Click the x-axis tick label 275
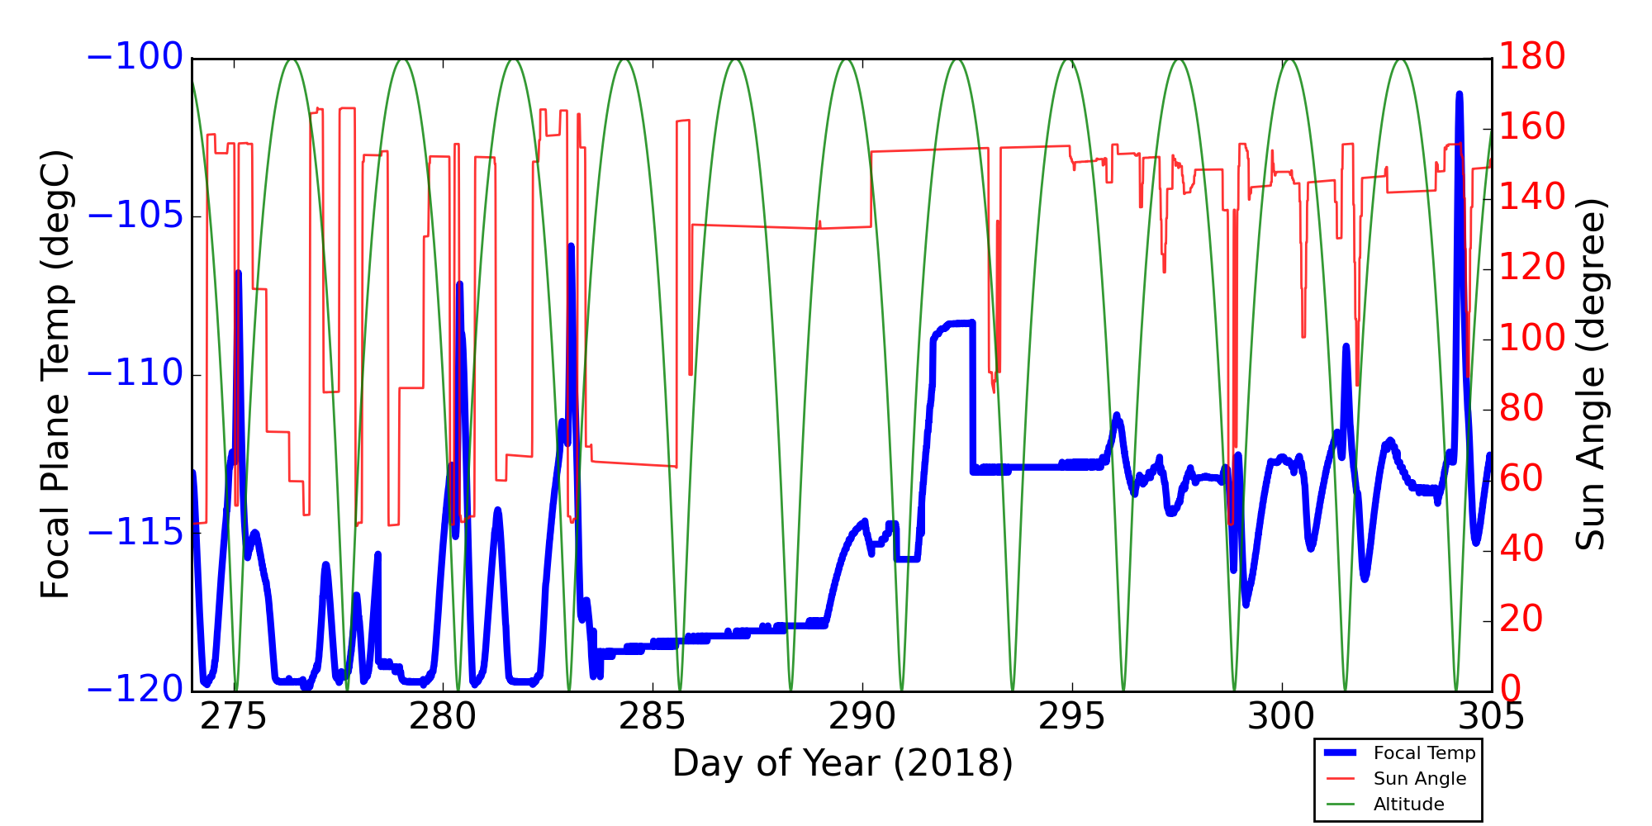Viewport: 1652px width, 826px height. (234, 717)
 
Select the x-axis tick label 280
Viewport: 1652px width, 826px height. (444, 717)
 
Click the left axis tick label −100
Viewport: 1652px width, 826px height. (135, 58)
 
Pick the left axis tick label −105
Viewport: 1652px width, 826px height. (135, 216)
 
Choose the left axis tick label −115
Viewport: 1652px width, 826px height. (135, 533)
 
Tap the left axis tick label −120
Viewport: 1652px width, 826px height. (135, 691)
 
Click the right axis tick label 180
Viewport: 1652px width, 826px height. (1532, 58)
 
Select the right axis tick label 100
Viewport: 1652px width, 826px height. (1532, 339)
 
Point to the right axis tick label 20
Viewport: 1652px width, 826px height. (1521, 619)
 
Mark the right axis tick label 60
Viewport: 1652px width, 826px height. (1521, 479)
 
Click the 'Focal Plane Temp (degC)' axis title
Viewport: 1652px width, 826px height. (55, 374)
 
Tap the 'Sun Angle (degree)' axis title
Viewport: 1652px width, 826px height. (1590, 374)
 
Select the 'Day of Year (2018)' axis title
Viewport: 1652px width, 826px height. (843, 763)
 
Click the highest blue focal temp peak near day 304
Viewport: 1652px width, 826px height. (1460, 96)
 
